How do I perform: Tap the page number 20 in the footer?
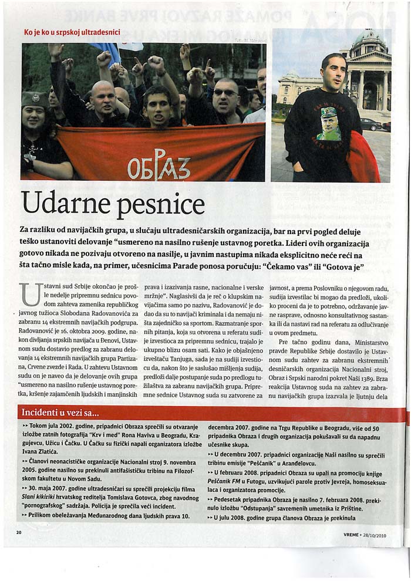tap(19, 533)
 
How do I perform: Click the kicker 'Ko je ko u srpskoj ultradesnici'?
tap(72, 32)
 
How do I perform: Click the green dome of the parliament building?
tap(368, 39)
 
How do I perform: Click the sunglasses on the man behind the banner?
tap(225, 93)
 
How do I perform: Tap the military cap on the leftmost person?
tap(35, 97)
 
